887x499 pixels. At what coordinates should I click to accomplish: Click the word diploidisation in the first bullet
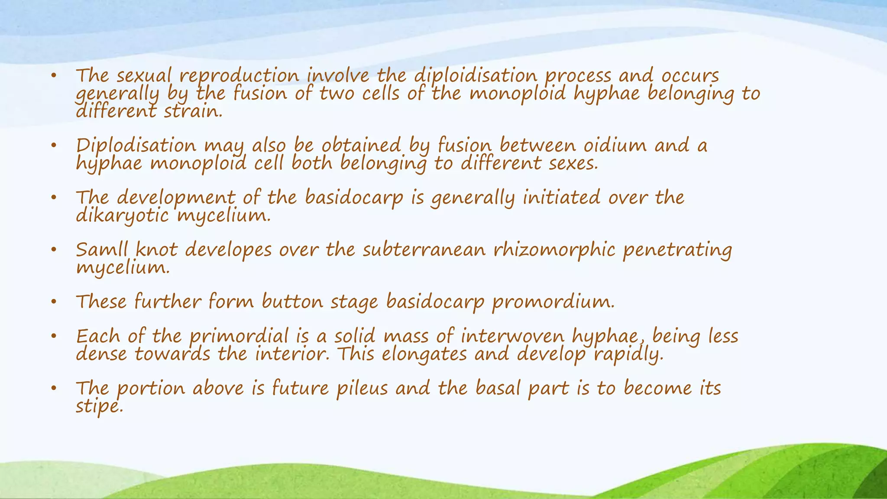(475, 76)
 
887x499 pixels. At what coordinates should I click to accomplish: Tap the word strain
(193, 112)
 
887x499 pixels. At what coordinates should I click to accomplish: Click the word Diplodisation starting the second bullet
(136, 146)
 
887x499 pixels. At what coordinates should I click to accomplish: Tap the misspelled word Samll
(102, 250)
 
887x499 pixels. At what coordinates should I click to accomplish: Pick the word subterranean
(424, 250)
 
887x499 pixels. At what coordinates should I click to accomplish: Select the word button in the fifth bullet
(292, 302)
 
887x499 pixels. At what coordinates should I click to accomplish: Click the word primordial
(239, 337)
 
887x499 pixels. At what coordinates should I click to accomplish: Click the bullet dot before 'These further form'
(54, 302)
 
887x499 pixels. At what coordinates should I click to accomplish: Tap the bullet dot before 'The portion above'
(54, 389)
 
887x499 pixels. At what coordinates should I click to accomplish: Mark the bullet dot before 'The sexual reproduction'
(54, 77)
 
